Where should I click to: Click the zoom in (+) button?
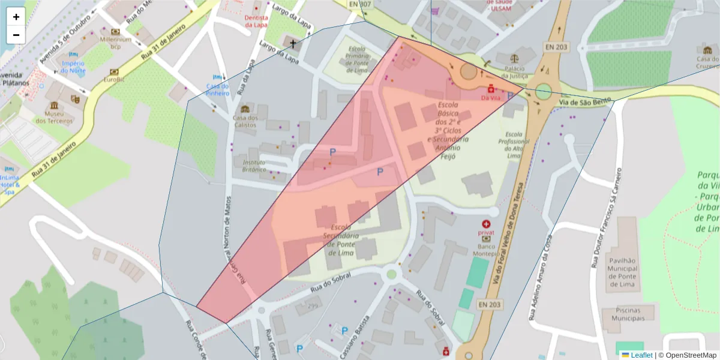[16, 17]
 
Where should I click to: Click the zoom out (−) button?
[16, 35]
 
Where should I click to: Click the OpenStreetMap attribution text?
[688, 355]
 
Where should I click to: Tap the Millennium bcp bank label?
[115, 42]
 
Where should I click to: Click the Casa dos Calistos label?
[245, 121]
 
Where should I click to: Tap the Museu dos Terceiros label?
[54, 117]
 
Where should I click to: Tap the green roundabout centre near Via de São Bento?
[543, 92]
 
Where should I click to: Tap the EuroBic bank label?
[113, 79]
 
